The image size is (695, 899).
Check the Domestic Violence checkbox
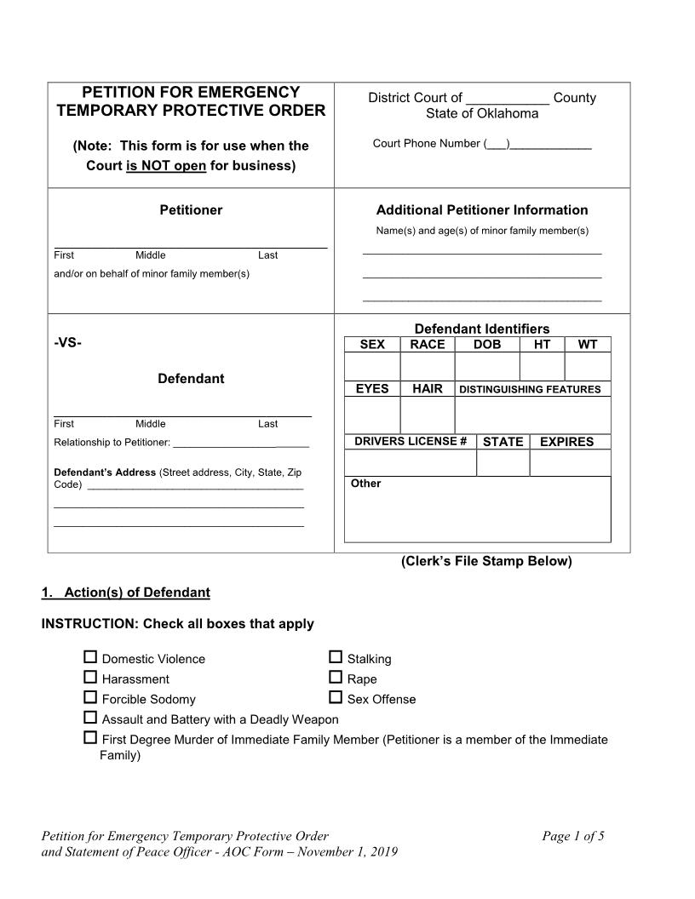[90, 657]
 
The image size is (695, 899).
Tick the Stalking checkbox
[336, 657]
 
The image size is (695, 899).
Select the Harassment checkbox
[90, 678]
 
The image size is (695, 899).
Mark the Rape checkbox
[336, 678]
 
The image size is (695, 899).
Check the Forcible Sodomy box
[90, 697]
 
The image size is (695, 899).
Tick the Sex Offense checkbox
[336, 697]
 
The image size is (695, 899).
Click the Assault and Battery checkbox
[90, 718]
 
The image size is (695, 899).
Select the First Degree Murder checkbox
[90, 738]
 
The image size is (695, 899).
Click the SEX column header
[372, 345]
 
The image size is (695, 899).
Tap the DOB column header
[487, 345]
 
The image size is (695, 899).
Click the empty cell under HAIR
[427, 415]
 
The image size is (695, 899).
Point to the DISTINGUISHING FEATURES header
[530, 390]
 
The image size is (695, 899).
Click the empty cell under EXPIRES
[570, 463]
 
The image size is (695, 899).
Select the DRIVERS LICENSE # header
[410, 441]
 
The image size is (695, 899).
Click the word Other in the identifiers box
[365, 484]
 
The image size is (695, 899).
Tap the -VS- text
[68, 342]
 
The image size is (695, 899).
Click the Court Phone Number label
[426, 143]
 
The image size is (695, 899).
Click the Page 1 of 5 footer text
[572, 836]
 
